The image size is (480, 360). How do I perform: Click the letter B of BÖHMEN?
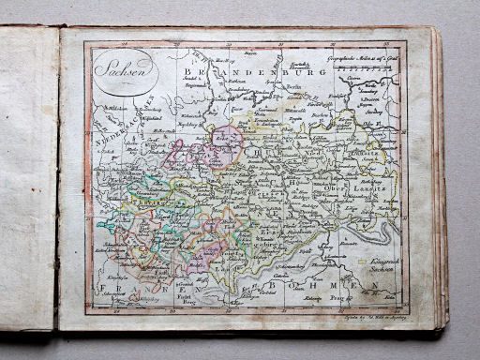[270, 285]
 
